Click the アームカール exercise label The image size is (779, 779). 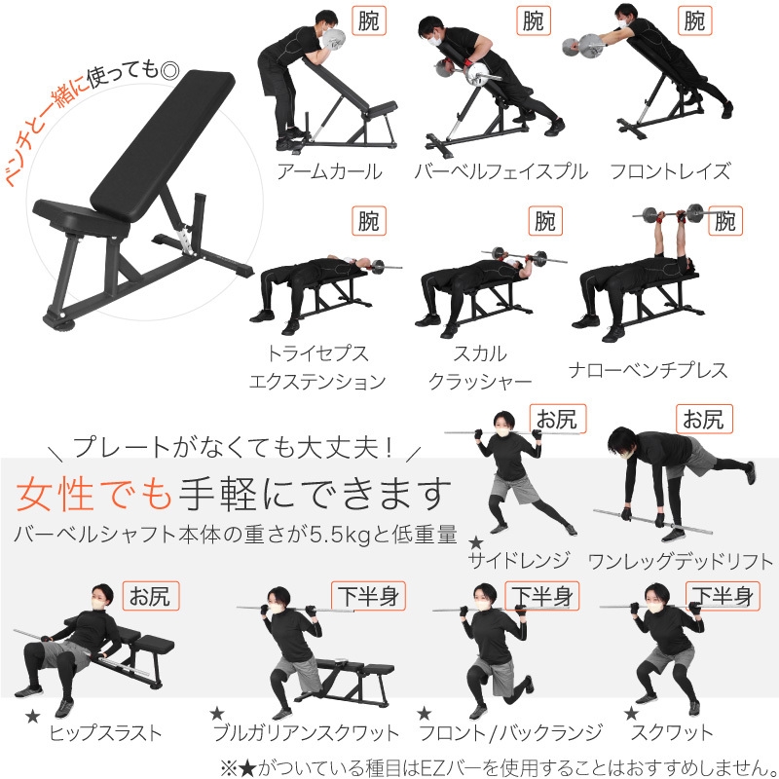pos(329,172)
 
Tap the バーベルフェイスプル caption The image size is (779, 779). pos(501,172)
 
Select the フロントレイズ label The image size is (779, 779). pos(670,172)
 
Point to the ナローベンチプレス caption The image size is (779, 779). pos(649,370)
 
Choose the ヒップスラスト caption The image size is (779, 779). pos(105,732)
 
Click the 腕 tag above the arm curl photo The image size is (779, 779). pos(368,20)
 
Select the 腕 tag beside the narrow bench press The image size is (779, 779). pos(723,221)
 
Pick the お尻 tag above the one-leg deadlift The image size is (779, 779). pos(701,420)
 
